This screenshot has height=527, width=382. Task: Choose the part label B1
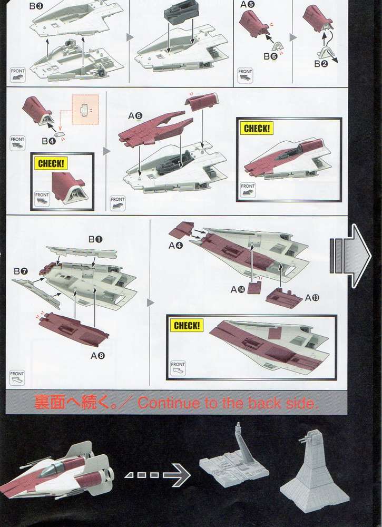point(95,240)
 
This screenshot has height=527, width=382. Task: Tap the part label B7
point(21,271)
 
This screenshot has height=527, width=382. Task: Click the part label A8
point(97,355)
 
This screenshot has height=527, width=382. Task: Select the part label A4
point(175,246)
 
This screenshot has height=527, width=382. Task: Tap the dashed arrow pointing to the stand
point(157,476)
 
